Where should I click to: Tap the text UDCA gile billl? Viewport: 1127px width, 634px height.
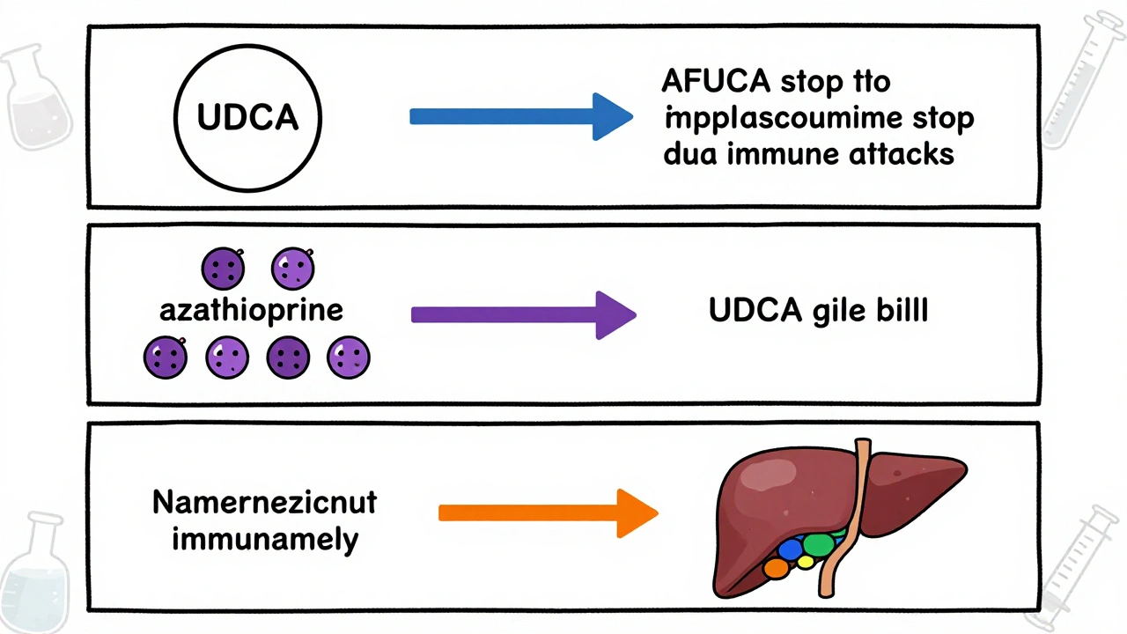[x=818, y=313]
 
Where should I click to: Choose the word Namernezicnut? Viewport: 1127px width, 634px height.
[x=264, y=502]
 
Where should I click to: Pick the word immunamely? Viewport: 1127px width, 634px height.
[x=265, y=538]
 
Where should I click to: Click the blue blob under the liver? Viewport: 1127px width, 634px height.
[x=790, y=549]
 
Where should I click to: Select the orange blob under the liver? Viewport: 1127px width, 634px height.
[x=776, y=568]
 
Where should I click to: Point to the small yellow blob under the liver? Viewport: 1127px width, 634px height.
[x=805, y=563]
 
